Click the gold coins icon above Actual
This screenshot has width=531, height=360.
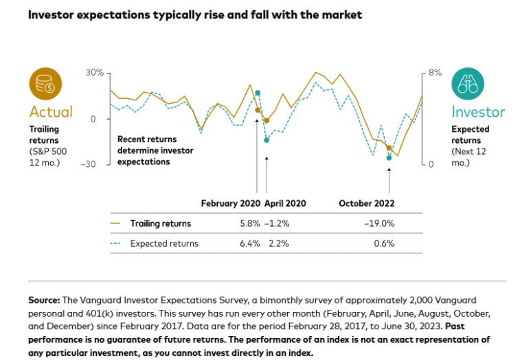[45, 85]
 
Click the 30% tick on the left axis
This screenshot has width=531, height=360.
[94, 73]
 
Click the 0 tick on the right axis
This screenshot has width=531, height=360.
[431, 164]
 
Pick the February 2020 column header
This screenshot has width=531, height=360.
[231, 203]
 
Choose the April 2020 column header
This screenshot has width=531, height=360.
[284, 203]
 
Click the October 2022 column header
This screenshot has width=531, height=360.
[367, 203]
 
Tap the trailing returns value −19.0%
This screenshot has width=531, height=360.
[379, 223]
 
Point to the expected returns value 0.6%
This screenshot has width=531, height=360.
[385, 243]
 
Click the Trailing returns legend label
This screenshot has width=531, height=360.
[161, 223]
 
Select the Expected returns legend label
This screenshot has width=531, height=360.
[164, 243]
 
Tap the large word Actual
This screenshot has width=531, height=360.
[51, 112]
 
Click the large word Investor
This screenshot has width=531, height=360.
[478, 112]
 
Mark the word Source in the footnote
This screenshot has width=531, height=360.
[44, 300]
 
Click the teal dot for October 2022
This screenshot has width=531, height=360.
[389, 158]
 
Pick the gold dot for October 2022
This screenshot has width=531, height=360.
[389, 148]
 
